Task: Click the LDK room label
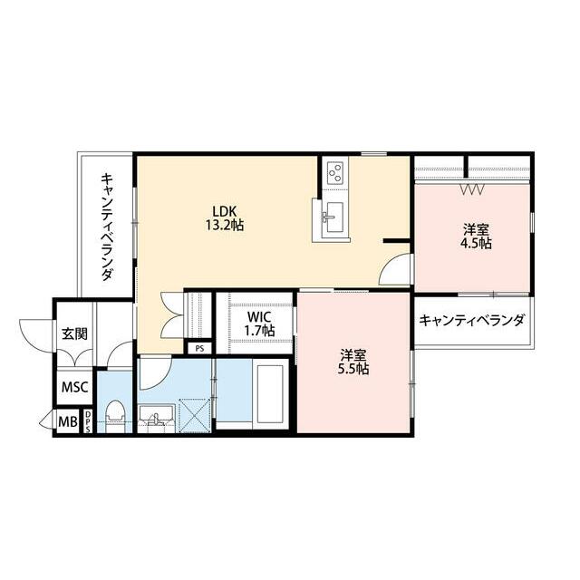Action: (x=224, y=211)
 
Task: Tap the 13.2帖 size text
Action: (x=225, y=225)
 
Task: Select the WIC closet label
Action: (x=259, y=317)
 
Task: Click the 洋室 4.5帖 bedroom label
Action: (x=476, y=237)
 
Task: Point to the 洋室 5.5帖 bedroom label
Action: (x=353, y=362)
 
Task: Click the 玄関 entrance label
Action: (x=74, y=333)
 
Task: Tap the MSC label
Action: (x=74, y=388)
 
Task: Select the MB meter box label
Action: (x=69, y=421)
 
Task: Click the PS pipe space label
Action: (x=199, y=348)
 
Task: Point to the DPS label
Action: (x=88, y=421)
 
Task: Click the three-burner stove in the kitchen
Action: (x=335, y=172)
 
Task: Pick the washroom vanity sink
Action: (x=156, y=418)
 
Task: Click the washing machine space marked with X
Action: (x=195, y=415)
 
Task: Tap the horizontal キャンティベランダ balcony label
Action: (x=471, y=320)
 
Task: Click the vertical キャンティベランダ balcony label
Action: (x=107, y=227)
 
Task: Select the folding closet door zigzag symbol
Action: (x=472, y=189)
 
